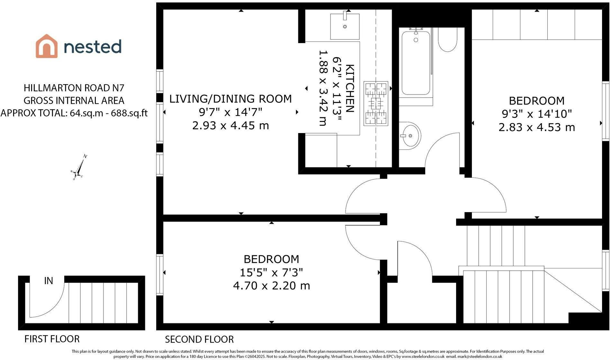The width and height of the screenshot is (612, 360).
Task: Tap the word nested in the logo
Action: click(93, 46)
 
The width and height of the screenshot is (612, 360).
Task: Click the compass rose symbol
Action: click(79, 167)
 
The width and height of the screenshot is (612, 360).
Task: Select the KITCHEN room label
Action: click(350, 88)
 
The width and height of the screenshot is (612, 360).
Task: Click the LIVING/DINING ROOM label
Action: click(230, 99)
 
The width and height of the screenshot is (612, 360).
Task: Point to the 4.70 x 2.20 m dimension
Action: click(272, 285)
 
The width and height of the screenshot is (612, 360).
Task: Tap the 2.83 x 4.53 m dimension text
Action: click(536, 127)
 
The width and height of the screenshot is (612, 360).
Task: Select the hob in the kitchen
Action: click(376, 104)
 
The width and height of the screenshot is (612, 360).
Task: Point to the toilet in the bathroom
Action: click(447, 39)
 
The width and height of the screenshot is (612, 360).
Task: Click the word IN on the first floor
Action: click(49, 281)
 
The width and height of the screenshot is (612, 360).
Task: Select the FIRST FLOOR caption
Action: click(52, 339)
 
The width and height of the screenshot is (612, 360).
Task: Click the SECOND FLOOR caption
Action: click(199, 339)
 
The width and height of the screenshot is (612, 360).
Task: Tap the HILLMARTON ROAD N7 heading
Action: click(74, 88)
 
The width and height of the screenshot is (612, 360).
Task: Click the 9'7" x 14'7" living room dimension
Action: click(230, 112)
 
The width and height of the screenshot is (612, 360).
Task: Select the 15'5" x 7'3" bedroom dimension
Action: click(272, 273)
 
